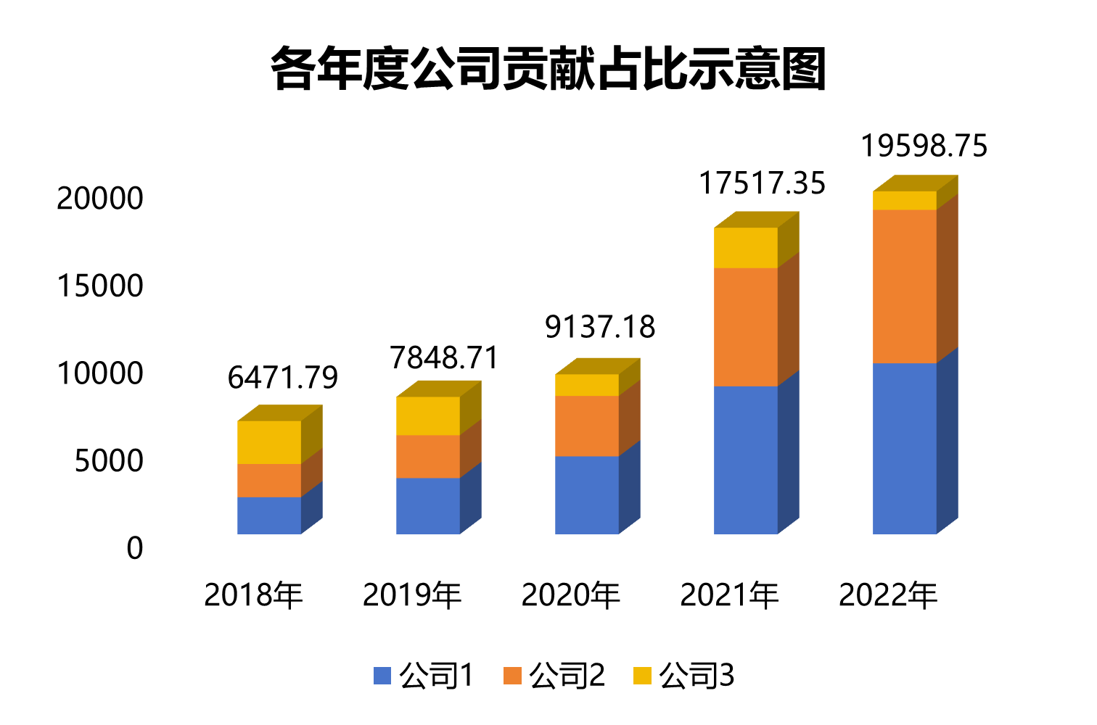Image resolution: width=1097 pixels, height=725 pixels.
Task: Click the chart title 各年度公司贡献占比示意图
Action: click(x=548, y=70)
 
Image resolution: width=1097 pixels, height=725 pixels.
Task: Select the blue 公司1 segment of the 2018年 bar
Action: click(x=269, y=515)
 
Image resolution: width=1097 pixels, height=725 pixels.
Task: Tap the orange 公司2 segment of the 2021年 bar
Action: click(x=746, y=327)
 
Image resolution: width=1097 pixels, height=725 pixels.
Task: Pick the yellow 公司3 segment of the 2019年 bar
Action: click(x=428, y=415)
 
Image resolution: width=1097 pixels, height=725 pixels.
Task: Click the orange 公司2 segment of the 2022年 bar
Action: click(x=905, y=286)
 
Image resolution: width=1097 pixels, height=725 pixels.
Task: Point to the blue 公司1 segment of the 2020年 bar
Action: click(x=587, y=495)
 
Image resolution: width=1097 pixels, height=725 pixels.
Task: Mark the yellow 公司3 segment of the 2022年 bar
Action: click(x=905, y=201)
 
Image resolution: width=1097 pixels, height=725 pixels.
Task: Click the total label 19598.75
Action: click(x=924, y=146)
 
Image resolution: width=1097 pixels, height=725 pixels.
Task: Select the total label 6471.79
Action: click(x=283, y=378)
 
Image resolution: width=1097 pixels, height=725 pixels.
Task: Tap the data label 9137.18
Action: click(x=600, y=328)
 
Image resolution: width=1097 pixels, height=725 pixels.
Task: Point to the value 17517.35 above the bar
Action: click(x=762, y=183)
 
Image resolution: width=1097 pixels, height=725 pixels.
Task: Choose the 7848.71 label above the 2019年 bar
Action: click(x=445, y=358)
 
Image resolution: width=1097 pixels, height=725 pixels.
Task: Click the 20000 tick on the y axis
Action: click(x=100, y=199)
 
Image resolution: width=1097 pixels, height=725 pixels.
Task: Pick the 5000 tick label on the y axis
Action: click(x=109, y=461)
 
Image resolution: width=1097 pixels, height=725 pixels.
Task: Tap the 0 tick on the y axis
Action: click(x=135, y=549)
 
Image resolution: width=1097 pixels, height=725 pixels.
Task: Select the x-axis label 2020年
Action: click(x=571, y=595)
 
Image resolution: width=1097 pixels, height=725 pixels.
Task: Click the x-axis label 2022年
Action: click(x=889, y=595)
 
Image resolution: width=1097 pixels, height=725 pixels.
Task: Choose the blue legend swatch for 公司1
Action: click(x=382, y=676)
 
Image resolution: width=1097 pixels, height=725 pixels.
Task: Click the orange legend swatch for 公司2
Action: click(x=512, y=676)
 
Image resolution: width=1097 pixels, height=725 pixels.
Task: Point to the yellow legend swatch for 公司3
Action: click(x=642, y=676)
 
